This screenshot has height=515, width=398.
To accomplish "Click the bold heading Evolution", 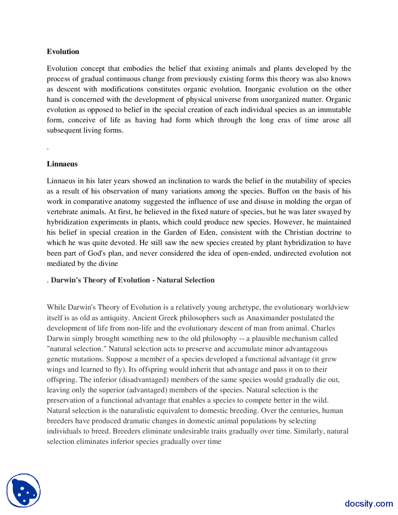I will [63, 52].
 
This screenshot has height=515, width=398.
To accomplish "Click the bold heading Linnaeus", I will [62, 164].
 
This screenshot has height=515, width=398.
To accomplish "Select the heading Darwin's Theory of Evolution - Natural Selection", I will [132, 280].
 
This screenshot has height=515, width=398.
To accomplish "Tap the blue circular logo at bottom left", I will [24, 490].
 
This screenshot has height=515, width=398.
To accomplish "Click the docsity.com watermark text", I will [368, 503].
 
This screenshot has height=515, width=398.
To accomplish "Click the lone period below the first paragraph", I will [48, 149].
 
